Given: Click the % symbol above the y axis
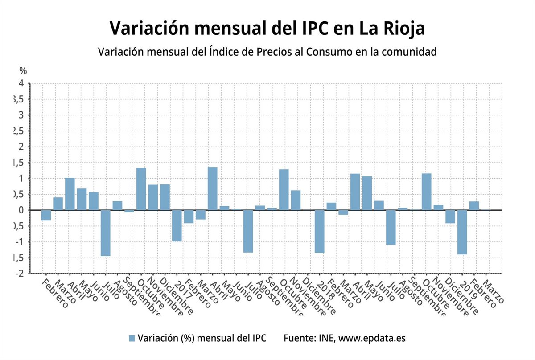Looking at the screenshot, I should click(23, 70).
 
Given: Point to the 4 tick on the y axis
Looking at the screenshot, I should click(21, 83).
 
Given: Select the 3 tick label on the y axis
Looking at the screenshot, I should click(21, 115).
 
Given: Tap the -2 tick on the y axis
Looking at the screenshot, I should click(20, 274).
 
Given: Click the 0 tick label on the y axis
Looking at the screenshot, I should click(21, 210).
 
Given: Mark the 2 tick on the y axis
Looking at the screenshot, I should click(21, 147).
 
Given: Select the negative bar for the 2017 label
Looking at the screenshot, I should click(177, 225).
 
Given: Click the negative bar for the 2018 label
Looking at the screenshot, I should click(319, 231).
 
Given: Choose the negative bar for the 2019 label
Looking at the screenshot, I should click(462, 232).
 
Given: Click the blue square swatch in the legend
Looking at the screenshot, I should click(132, 338).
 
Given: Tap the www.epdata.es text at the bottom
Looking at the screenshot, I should click(372, 338).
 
